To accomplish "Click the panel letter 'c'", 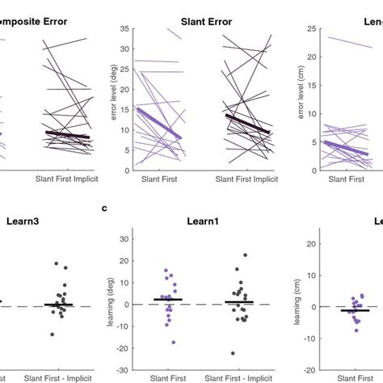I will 104,208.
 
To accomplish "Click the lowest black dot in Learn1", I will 234,353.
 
